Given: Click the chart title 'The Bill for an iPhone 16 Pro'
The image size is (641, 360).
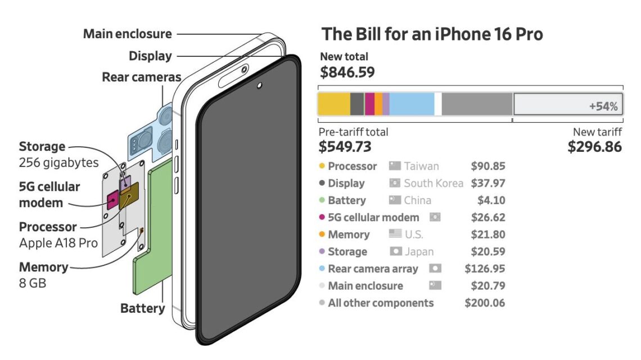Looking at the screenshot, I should (x=432, y=34).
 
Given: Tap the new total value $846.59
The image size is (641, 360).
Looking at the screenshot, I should (x=347, y=72).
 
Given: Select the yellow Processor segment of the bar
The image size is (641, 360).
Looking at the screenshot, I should (x=333, y=104).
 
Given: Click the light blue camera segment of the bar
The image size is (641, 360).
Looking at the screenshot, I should (x=412, y=104).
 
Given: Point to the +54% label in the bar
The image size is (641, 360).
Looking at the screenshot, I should (x=603, y=106).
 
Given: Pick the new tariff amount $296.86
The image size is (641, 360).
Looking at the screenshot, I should (x=595, y=147).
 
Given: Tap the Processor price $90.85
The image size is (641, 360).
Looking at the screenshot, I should (x=487, y=166).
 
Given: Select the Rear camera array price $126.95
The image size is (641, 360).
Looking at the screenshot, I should (x=485, y=269).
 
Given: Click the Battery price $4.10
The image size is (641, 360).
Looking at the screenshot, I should (x=493, y=201).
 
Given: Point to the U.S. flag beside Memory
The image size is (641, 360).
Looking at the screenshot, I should (x=395, y=235).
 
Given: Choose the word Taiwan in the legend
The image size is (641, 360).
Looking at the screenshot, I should (x=421, y=166).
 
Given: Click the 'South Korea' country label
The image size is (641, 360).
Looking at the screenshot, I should (x=434, y=183).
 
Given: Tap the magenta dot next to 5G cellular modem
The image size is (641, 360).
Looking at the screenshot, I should (x=322, y=218).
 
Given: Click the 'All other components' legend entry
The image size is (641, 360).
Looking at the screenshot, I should (x=381, y=303).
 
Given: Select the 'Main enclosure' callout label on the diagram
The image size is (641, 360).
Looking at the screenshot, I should (x=128, y=34).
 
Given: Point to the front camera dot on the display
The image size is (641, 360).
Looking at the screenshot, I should (x=259, y=86).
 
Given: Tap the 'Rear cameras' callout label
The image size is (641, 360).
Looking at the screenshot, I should (x=141, y=77).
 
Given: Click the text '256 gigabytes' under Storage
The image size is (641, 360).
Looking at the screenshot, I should (x=59, y=163).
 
